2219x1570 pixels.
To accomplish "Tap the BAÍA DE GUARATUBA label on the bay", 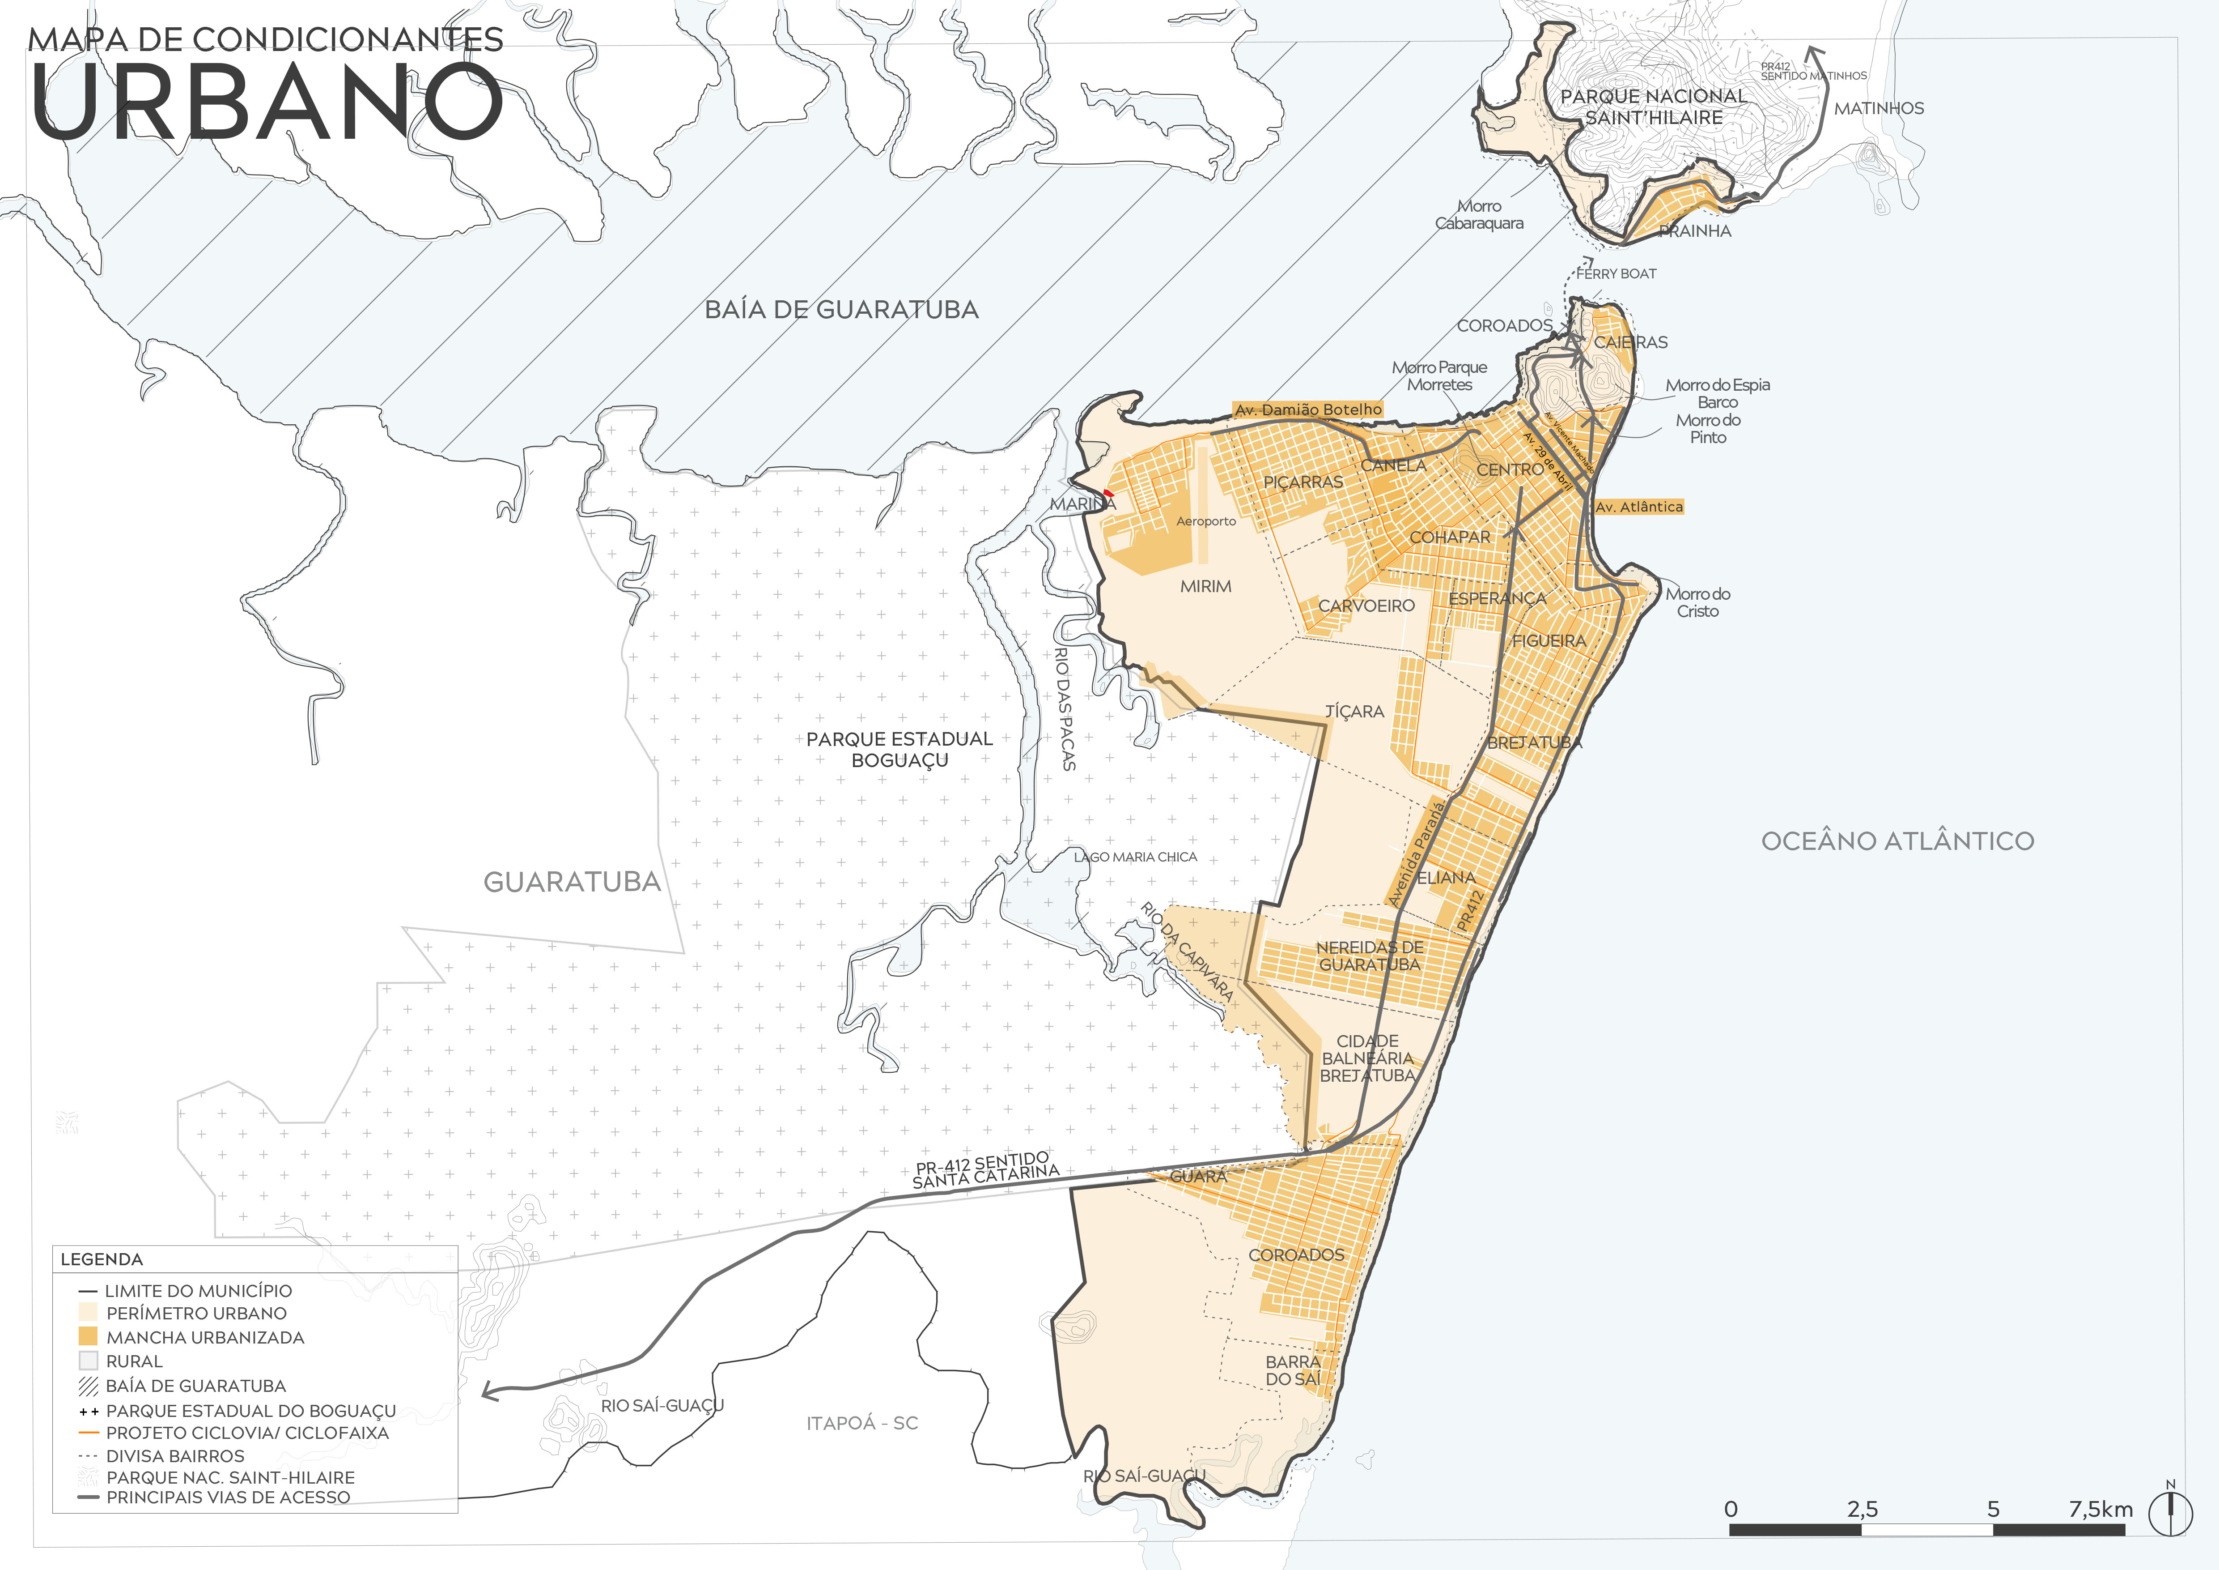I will point(841,309).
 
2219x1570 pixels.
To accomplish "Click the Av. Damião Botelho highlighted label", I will point(1307,410).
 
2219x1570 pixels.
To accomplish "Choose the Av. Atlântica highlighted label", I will point(1639,507).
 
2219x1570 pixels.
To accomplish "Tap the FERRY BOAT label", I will point(1616,273).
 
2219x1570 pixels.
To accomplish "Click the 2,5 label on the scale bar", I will point(1862,1509).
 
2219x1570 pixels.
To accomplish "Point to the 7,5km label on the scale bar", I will point(2100,1509).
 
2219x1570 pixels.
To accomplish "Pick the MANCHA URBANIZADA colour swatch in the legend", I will point(88,1336).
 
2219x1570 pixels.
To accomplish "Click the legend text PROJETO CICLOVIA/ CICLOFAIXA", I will point(247,1433).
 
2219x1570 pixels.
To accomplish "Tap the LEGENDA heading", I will point(102,1259).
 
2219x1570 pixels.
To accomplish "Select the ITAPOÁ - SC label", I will point(862,1423).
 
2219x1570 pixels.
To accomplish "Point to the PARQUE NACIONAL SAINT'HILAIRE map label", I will point(1654,107).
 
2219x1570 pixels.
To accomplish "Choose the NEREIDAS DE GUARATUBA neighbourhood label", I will point(1370,956).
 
